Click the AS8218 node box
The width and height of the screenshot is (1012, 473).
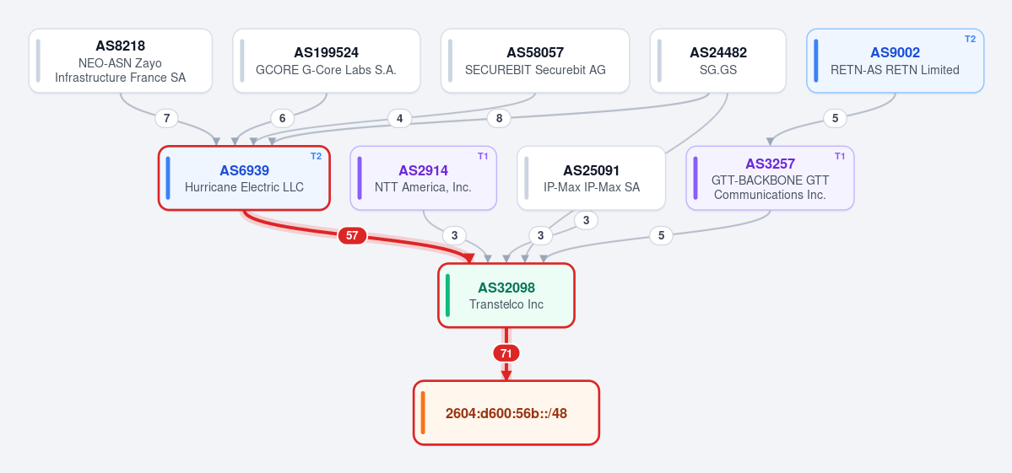(x=121, y=61)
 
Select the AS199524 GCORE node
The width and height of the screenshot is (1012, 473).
(x=327, y=61)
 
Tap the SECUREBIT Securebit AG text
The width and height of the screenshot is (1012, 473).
(x=535, y=70)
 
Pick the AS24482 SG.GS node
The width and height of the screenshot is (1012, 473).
(x=717, y=61)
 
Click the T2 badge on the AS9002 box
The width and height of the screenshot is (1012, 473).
(x=970, y=39)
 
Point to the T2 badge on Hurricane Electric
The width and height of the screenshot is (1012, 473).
(x=316, y=156)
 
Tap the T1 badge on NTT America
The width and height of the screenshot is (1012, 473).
(x=483, y=156)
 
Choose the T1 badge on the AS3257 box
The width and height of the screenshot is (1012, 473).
(x=840, y=156)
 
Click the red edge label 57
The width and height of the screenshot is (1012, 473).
(x=352, y=236)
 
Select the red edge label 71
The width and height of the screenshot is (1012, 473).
(x=506, y=353)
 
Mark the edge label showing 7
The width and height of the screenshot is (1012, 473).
(x=167, y=118)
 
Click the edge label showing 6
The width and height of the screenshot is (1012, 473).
(x=282, y=118)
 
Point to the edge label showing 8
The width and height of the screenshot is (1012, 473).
(x=499, y=118)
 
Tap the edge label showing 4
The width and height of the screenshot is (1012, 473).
(x=399, y=118)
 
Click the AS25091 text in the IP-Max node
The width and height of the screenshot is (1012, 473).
(x=591, y=171)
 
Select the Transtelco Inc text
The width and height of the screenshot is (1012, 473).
(x=506, y=304)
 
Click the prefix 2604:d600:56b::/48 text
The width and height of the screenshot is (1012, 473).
(x=506, y=413)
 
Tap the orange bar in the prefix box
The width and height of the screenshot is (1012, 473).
(x=423, y=412)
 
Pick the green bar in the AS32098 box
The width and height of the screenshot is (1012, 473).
(x=448, y=295)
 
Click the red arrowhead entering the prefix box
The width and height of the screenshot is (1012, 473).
(x=506, y=375)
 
